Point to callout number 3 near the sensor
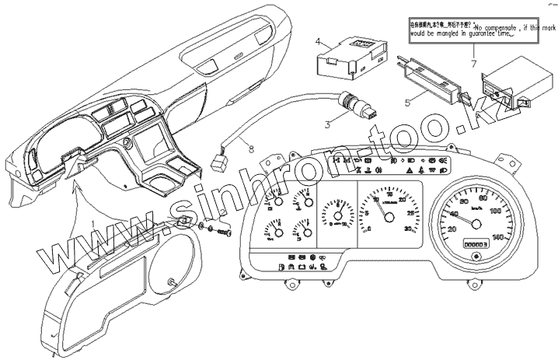click(x=328, y=123)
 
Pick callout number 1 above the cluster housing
click(x=94, y=223)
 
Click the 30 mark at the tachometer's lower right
click(x=409, y=227)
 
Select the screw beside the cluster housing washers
click(x=226, y=232)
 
